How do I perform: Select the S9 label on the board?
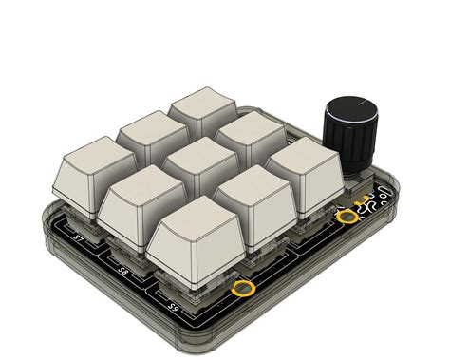click(x=173, y=306)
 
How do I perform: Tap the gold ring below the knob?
click(x=347, y=218)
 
